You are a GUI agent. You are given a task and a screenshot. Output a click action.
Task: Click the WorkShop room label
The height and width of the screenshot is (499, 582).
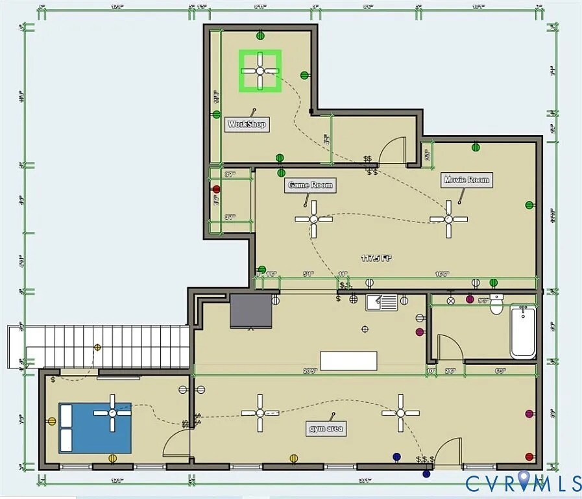tap(247, 124)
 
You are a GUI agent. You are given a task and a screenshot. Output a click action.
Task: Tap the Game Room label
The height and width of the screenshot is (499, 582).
tap(310, 185)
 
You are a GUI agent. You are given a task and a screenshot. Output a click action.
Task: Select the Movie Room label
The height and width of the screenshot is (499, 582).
tap(467, 179)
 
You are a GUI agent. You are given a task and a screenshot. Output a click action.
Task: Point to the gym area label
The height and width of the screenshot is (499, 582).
tap(326, 429)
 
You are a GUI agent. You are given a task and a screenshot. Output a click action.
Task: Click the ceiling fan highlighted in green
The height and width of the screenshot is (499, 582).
tap(260, 70)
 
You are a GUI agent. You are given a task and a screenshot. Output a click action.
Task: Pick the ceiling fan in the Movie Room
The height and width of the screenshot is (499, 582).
tap(448, 219)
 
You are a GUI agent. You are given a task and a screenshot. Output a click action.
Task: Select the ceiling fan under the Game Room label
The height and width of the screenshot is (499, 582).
tap(314, 219)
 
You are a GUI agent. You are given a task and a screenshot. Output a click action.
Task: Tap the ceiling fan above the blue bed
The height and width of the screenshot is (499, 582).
tap(112, 413)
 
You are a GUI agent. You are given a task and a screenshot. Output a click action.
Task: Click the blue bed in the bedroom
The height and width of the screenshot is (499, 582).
tap(95, 428)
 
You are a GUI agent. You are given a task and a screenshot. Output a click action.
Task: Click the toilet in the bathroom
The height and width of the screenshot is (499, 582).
tap(497, 304)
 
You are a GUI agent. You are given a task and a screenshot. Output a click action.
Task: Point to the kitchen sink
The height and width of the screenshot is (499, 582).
tap(382, 302)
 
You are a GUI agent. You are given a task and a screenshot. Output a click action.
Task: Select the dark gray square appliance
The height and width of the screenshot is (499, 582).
tap(251, 311)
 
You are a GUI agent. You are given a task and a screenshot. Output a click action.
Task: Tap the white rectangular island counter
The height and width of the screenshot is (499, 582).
tap(348, 361)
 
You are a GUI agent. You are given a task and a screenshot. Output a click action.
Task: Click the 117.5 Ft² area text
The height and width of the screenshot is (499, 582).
tap(376, 257)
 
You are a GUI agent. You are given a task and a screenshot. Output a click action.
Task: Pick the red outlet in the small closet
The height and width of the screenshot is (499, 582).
tap(217, 190)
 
